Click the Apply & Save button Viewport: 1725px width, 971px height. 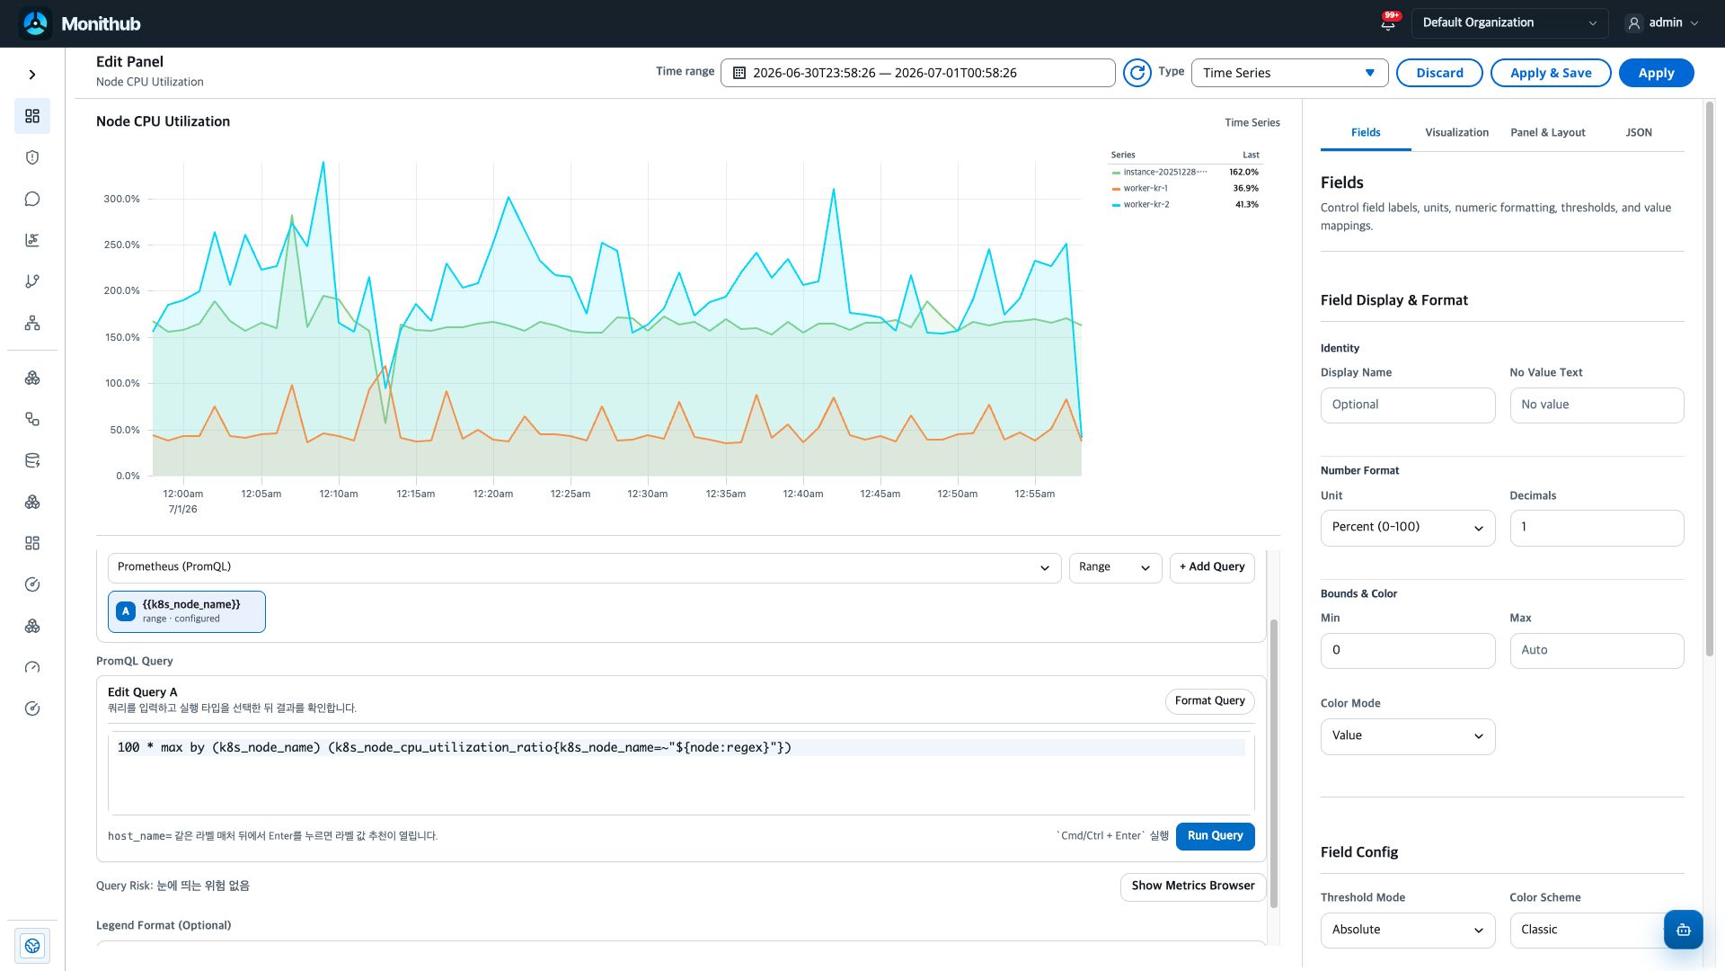pos(1551,73)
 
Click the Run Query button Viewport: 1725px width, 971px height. pos(1215,836)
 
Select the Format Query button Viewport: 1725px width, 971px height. pos(1209,701)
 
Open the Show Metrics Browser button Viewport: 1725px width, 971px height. pos(1193,886)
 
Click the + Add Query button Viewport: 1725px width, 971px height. pos(1212,567)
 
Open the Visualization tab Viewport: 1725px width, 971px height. pos(1456,133)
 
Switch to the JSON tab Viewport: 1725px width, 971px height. pos(1639,133)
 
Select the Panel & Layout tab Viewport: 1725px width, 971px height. pos(1547,133)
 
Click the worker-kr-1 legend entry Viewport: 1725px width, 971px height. pos(1146,189)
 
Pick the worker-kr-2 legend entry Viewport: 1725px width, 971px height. pos(1146,205)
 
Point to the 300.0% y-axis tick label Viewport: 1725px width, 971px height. pos(121,200)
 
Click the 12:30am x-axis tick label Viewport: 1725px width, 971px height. pos(647,494)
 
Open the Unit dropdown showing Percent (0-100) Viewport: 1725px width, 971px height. pos(1408,528)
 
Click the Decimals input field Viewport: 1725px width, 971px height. pos(1597,528)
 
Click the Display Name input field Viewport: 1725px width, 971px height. pos(1408,405)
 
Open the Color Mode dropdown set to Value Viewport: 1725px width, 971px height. pos(1408,736)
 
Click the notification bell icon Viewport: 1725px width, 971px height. pos(1388,23)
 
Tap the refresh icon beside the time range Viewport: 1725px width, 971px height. pos(1137,73)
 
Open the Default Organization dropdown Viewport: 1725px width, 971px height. pos(1509,23)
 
